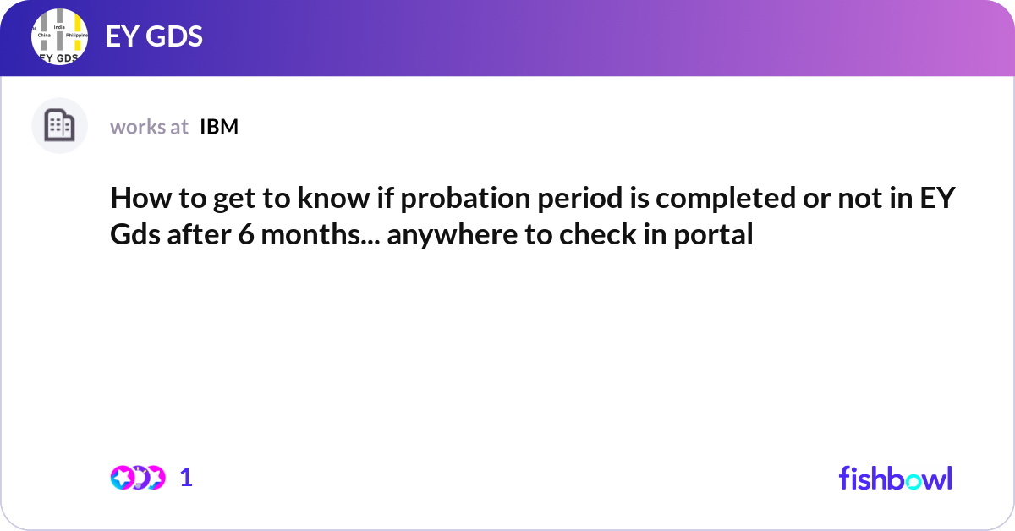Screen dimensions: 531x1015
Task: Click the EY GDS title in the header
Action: [154, 37]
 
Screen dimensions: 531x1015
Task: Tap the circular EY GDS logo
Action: [60, 37]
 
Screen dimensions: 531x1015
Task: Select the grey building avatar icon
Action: [59, 126]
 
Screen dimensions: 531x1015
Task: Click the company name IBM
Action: [219, 127]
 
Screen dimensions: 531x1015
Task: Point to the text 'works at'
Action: [149, 127]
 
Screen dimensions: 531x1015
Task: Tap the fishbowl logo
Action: [895, 478]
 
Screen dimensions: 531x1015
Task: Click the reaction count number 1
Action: [187, 478]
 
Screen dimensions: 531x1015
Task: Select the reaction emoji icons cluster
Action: [137, 478]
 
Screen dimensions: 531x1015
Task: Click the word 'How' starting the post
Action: [134, 200]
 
